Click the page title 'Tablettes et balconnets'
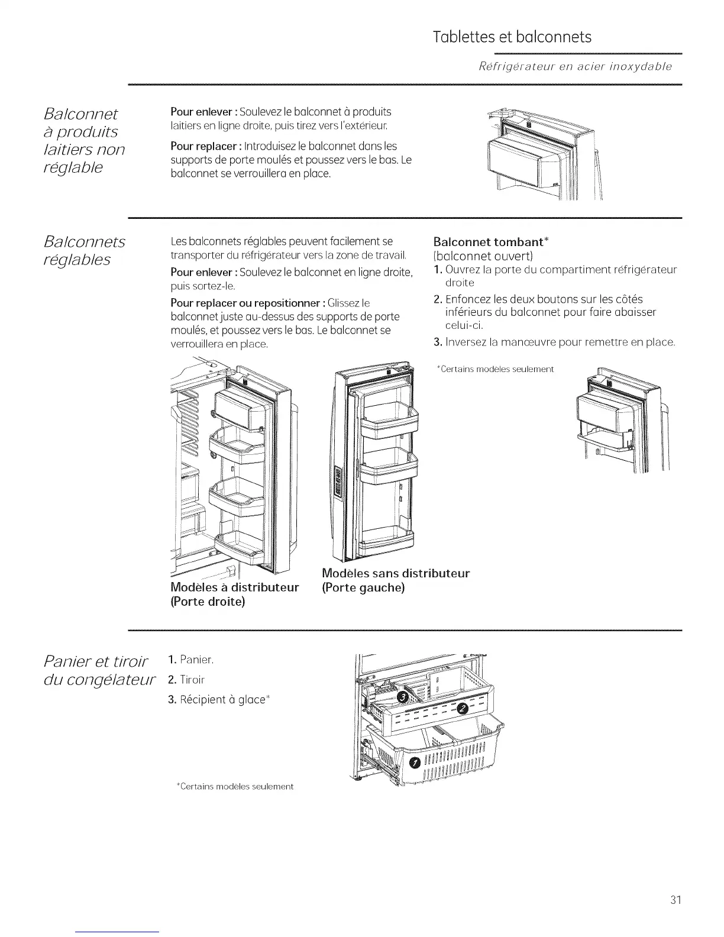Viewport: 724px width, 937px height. coord(512,37)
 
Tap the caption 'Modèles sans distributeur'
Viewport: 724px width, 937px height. coord(396,573)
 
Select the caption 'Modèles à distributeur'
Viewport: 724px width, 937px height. coord(234,587)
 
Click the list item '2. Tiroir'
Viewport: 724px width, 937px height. coord(188,679)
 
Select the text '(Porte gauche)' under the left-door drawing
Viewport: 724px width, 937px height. coord(363,588)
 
